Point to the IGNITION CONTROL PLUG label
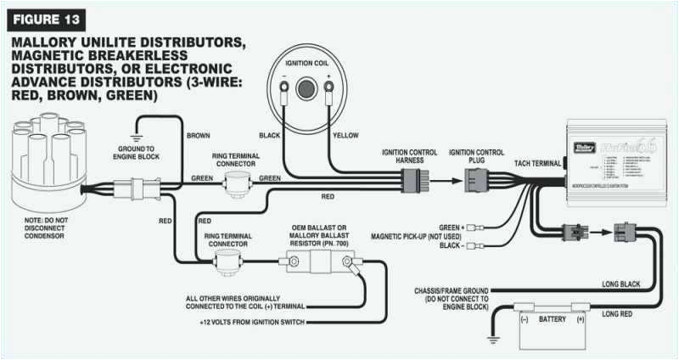click(480, 158)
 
